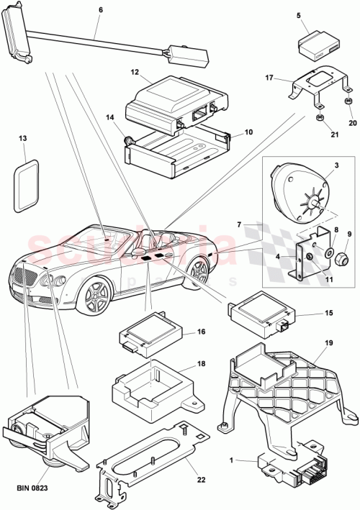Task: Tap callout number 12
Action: point(135,72)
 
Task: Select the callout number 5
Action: point(299,14)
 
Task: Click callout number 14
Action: point(110,117)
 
